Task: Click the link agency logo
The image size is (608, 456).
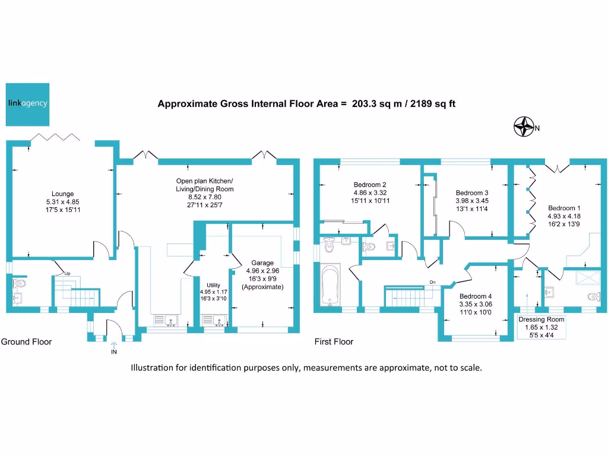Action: tap(27, 103)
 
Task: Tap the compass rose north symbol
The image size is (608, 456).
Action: tap(524, 127)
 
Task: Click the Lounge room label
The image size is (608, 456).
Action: tap(62, 194)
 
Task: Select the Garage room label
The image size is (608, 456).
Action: tap(262, 262)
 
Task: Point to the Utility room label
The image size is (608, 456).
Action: tap(213, 286)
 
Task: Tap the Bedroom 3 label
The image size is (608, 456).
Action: tap(472, 193)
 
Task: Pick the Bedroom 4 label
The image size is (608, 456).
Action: tap(476, 296)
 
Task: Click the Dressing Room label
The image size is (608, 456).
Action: tap(541, 319)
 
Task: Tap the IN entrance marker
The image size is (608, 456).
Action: tap(113, 352)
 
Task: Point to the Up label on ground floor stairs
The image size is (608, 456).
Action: tap(68, 273)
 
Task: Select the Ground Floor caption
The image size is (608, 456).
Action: tap(26, 342)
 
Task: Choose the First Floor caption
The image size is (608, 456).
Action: tap(334, 342)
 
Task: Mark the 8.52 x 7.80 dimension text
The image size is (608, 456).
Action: tap(205, 197)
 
